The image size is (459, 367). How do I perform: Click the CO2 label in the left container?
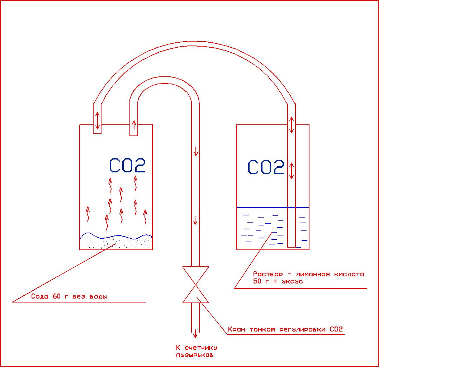click(x=127, y=166)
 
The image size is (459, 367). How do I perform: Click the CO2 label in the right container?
click(x=266, y=167)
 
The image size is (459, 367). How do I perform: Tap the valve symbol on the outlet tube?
click(x=195, y=285)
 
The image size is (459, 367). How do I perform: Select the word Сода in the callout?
click(x=40, y=296)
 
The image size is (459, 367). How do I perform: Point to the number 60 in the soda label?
click(x=57, y=296)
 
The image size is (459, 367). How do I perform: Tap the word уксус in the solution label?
click(x=291, y=281)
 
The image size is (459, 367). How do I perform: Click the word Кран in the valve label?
click(x=237, y=329)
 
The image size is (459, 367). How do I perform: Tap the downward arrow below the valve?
click(x=195, y=333)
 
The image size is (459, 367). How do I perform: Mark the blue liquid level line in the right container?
click(x=262, y=208)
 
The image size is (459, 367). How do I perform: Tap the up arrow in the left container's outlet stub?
click(x=134, y=125)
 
